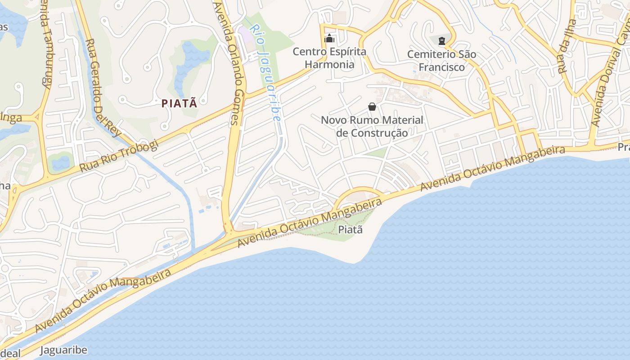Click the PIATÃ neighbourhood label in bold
[x=179, y=103]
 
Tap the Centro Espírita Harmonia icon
[x=329, y=38]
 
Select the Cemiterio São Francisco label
[x=441, y=61]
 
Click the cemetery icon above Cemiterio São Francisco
[x=442, y=41]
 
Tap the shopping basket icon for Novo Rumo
[x=372, y=107]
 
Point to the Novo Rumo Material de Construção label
[x=372, y=126]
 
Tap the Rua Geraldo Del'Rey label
[x=103, y=88]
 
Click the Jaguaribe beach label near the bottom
[x=63, y=350]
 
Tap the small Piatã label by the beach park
[x=350, y=229]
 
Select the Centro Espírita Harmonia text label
[x=329, y=58]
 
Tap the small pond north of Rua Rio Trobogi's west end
[x=60, y=162]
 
